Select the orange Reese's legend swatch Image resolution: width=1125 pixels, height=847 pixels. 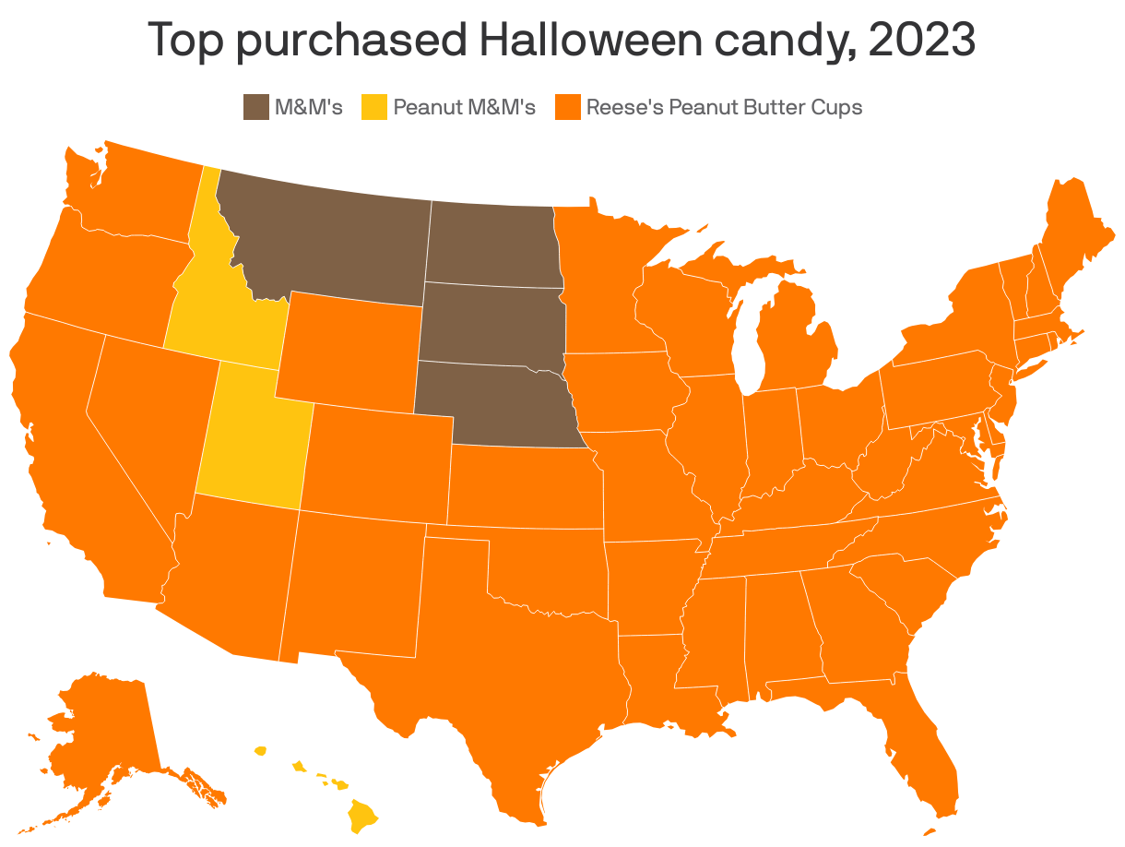[x=568, y=107]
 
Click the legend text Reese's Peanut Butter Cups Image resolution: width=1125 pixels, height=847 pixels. [x=724, y=107]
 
